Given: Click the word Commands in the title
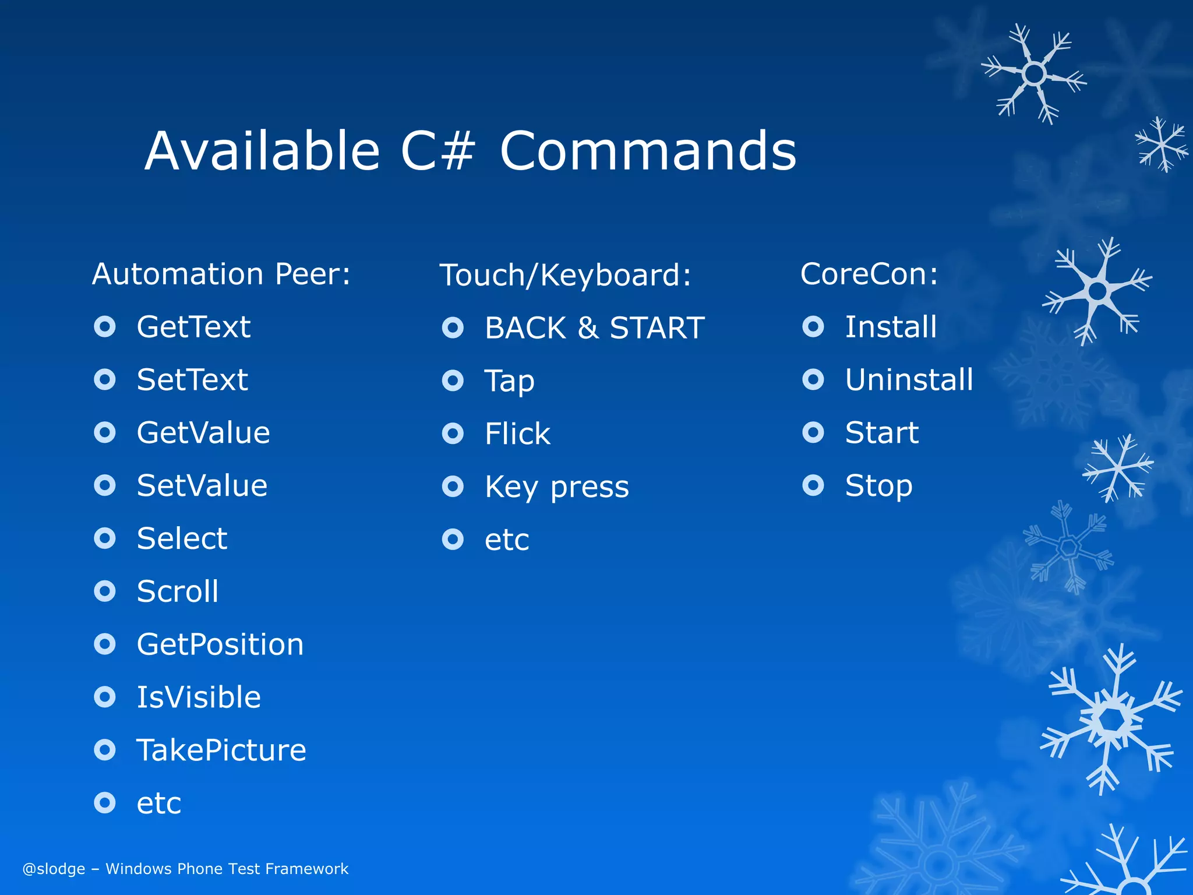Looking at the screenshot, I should click(x=648, y=151).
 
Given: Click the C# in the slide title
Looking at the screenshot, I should click(x=437, y=151).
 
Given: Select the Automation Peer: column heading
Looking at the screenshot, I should click(x=221, y=274).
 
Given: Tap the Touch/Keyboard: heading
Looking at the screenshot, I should click(x=565, y=275).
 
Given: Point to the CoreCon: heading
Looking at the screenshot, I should click(x=869, y=274).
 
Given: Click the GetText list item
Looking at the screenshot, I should click(x=193, y=327).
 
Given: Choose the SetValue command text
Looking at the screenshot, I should click(x=202, y=485).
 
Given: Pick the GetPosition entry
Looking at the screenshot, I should click(x=220, y=644).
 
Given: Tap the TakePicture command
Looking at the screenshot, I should click(x=221, y=750).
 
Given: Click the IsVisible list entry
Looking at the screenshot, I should click(x=199, y=697).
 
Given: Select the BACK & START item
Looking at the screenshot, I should click(x=595, y=328).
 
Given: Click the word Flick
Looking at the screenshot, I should click(x=517, y=434).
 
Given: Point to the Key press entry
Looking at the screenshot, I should click(x=557, y=487).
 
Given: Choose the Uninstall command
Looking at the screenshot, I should click(x=909, y=380).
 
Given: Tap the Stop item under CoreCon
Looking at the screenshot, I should click(x=878, y=486).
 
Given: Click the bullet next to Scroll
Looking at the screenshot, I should click(x=105, y=591).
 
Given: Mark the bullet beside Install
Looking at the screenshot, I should click(x=813, y=327).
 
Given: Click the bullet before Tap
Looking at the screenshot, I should click(x=453, y=381).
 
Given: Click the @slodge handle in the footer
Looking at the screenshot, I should click(x=54, y=869).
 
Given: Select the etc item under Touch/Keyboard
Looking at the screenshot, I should click(x=507, y=540).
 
